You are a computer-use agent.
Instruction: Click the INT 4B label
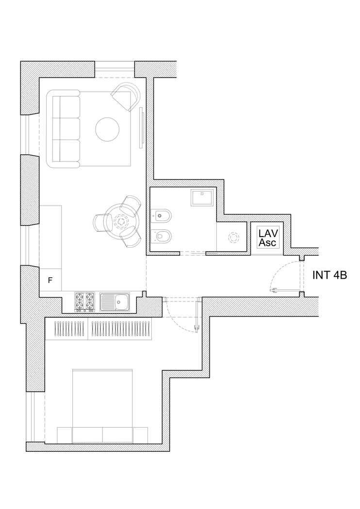(329, 275)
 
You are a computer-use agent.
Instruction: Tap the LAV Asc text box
(268, 238)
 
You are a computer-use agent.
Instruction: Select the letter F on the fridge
(50, 280)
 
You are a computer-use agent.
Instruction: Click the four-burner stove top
(85, 302)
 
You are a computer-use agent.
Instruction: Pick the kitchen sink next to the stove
(115, 302)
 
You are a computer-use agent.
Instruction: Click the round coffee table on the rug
(107, 129)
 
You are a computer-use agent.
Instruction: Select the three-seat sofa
(63, 129)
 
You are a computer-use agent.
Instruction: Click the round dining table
(121, 221)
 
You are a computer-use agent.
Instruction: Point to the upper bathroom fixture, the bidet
(161, 215)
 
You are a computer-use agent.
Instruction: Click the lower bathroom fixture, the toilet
(161, 236)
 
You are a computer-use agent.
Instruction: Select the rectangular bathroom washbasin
(202, 198)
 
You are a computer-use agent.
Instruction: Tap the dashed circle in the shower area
(233, 238)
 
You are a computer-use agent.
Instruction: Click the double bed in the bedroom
(102, 406)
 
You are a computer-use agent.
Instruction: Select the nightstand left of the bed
(65, 435)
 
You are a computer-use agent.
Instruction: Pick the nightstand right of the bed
(140, 435)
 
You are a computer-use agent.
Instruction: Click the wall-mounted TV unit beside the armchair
(142, 127)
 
